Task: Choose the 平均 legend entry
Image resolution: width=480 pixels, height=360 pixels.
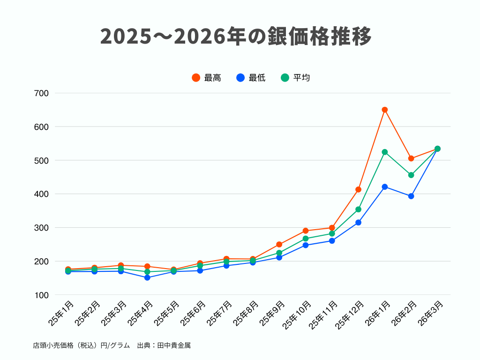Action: (x=296, y=78)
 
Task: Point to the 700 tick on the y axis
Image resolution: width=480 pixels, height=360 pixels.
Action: (x=42, y=93)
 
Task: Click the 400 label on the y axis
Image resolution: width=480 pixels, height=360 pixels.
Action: (x=42, y=194)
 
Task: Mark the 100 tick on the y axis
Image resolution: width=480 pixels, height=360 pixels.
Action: (x=42, y=295)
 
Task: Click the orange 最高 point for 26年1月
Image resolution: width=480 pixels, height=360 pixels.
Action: (x=385, y=110)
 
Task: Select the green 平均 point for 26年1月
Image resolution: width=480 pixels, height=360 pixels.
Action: (x=385, y=152)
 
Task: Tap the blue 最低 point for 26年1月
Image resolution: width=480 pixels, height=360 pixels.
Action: (x=385, y=187)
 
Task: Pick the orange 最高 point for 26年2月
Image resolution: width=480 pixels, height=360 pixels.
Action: (x=411, y=158)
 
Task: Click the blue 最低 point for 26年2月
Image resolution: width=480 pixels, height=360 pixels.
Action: (x=411, y=196)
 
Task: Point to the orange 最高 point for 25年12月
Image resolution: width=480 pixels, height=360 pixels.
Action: (x=359, y=189)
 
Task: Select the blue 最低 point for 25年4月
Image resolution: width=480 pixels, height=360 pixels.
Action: (x=147, y=277)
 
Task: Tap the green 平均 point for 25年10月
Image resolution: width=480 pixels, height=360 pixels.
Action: (x=306, y=239)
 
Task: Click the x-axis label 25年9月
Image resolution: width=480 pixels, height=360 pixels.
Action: (x=273, y=314)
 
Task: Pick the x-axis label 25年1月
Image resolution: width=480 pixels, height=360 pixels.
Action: (x=61, y=314)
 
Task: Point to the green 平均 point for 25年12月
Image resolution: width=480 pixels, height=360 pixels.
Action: (x=359, y=209)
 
